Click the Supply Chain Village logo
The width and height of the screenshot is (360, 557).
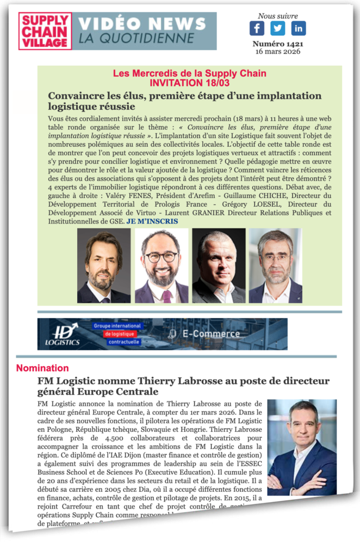click(45, 31)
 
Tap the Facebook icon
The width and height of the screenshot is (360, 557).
click(257, 28)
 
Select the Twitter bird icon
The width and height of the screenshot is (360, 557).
click(278, 28)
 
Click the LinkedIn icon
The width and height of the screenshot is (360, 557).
click(299, 28)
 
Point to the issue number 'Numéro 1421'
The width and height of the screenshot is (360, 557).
click(278, 44)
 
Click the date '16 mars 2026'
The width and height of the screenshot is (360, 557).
click(278, 52)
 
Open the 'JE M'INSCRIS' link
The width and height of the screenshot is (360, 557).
click(152, 221)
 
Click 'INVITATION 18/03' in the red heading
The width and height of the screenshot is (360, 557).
click(190, 82)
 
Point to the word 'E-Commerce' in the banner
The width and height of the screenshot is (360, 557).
click(209, 333)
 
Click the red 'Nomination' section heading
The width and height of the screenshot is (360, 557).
click(42, 368)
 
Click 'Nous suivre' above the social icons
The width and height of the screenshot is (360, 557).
click(278, 16)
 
